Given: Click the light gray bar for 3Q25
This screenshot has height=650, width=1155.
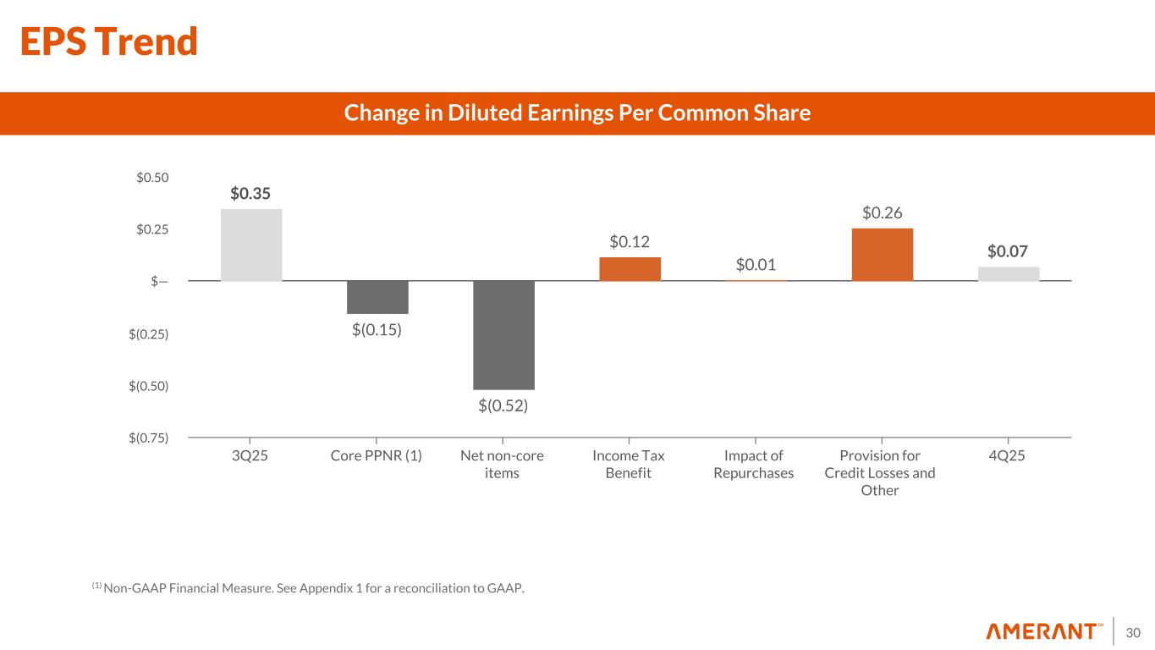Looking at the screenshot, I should point(251,245).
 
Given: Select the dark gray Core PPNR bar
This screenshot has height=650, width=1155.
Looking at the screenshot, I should point(377,297).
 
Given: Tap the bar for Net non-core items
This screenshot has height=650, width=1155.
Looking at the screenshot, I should point(503,334).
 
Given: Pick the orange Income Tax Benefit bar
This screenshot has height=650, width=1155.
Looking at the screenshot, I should point(630,268).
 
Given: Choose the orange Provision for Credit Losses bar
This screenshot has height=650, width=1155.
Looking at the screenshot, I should point(882,254).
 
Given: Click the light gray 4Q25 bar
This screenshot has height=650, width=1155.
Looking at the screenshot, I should point(1008,273).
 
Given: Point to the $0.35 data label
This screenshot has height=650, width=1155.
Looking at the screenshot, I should point(250,194).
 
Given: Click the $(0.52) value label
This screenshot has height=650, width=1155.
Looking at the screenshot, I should point(503,406).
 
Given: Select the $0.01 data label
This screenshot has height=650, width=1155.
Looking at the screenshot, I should point(756,266).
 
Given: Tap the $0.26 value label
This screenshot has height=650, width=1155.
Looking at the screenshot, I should point(883,212).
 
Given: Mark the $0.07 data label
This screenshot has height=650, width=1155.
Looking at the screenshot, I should point(1008,251).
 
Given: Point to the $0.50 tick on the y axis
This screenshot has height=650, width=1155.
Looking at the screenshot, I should point(152,178).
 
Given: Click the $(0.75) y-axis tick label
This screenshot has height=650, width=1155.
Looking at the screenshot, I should point(149,438).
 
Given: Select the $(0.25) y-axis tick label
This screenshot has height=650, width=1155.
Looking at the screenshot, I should point(149,334).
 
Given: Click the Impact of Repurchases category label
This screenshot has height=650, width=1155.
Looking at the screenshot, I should point(753,465).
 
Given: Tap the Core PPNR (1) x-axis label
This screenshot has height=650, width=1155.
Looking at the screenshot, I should point(377,456).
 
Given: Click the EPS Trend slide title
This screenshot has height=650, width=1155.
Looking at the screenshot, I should point(109,41).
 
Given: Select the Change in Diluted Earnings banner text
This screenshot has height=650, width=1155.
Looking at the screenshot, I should point(577,113).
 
